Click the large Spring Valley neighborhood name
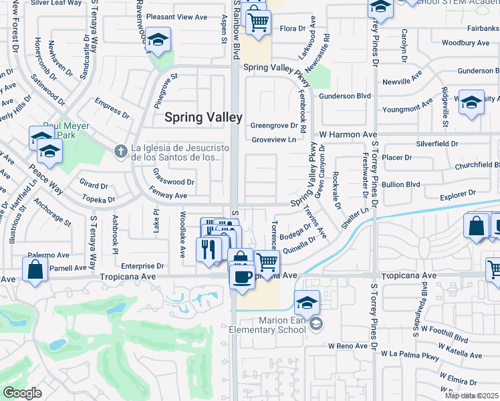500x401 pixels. [204, 117]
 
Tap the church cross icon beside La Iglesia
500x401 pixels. [120, 150]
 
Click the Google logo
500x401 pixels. [22, 393]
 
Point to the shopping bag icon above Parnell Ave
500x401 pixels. [35, 269]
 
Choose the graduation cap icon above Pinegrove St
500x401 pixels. [158, 40]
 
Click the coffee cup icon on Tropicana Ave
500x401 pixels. [241, 276]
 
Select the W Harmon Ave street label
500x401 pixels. [348, 134]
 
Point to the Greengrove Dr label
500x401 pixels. [273, 125]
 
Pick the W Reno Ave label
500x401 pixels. [348, 346]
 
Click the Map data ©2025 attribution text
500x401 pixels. [472, 396]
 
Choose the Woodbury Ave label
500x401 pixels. [466, 43]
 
